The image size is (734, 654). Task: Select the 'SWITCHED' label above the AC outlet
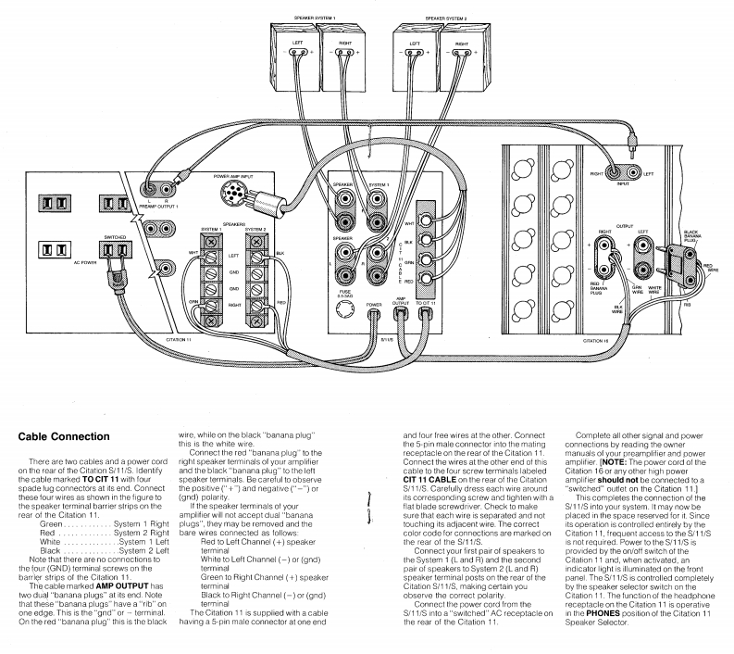coord(116,237)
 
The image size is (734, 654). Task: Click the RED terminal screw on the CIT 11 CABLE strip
coord(425,277)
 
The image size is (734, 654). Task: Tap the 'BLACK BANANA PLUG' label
coord(690,236)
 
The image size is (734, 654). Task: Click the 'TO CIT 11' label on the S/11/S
coord(427,303)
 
